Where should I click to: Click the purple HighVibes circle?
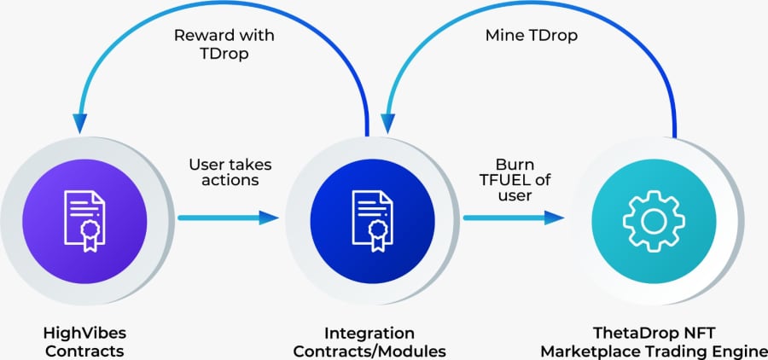click(84, 221)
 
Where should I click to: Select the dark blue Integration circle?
click(372, 221)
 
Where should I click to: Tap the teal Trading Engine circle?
click(654, 221)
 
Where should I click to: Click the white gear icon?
click(654, 222)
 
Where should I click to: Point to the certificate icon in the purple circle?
click(84, 221)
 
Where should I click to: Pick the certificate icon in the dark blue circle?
click(372, 221)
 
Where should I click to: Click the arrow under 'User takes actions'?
click(228, 218)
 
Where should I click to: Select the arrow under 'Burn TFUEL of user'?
click(514, 218)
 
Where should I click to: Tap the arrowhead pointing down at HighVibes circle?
click(80, 124)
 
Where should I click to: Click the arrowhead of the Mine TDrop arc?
click(388, 124)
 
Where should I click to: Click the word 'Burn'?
click(515, 164)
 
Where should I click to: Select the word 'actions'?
click(230, 180)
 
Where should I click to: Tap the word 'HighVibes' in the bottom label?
click(84, 334)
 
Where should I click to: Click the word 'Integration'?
click(369, 334)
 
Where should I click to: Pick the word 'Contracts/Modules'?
click(369, 351)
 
